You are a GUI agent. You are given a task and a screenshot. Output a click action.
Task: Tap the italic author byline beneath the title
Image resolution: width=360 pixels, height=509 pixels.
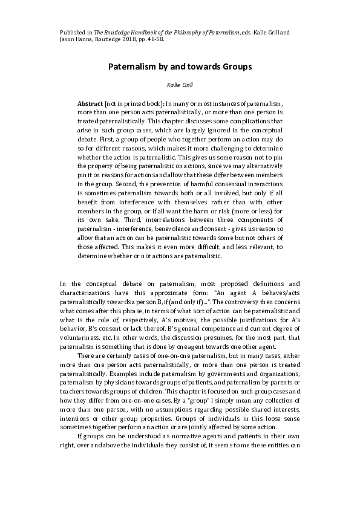[x=179, y=86]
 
